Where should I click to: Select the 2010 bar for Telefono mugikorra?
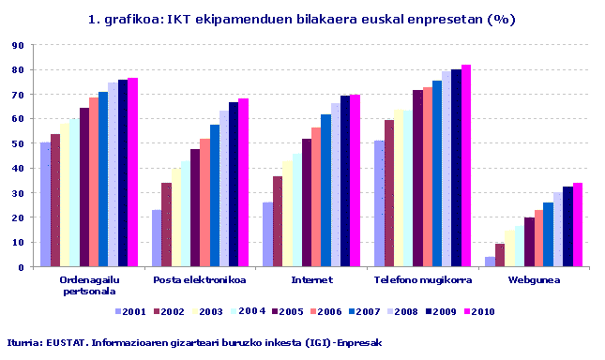(466, 166)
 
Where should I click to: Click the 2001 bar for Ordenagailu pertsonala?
(45, 204)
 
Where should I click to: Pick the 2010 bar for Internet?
(355, 181)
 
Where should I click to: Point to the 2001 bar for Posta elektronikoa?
(157, 238)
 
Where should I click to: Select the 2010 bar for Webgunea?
(578, 225)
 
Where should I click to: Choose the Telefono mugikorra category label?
(422, 279)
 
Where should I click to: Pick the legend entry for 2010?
(478, 312)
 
